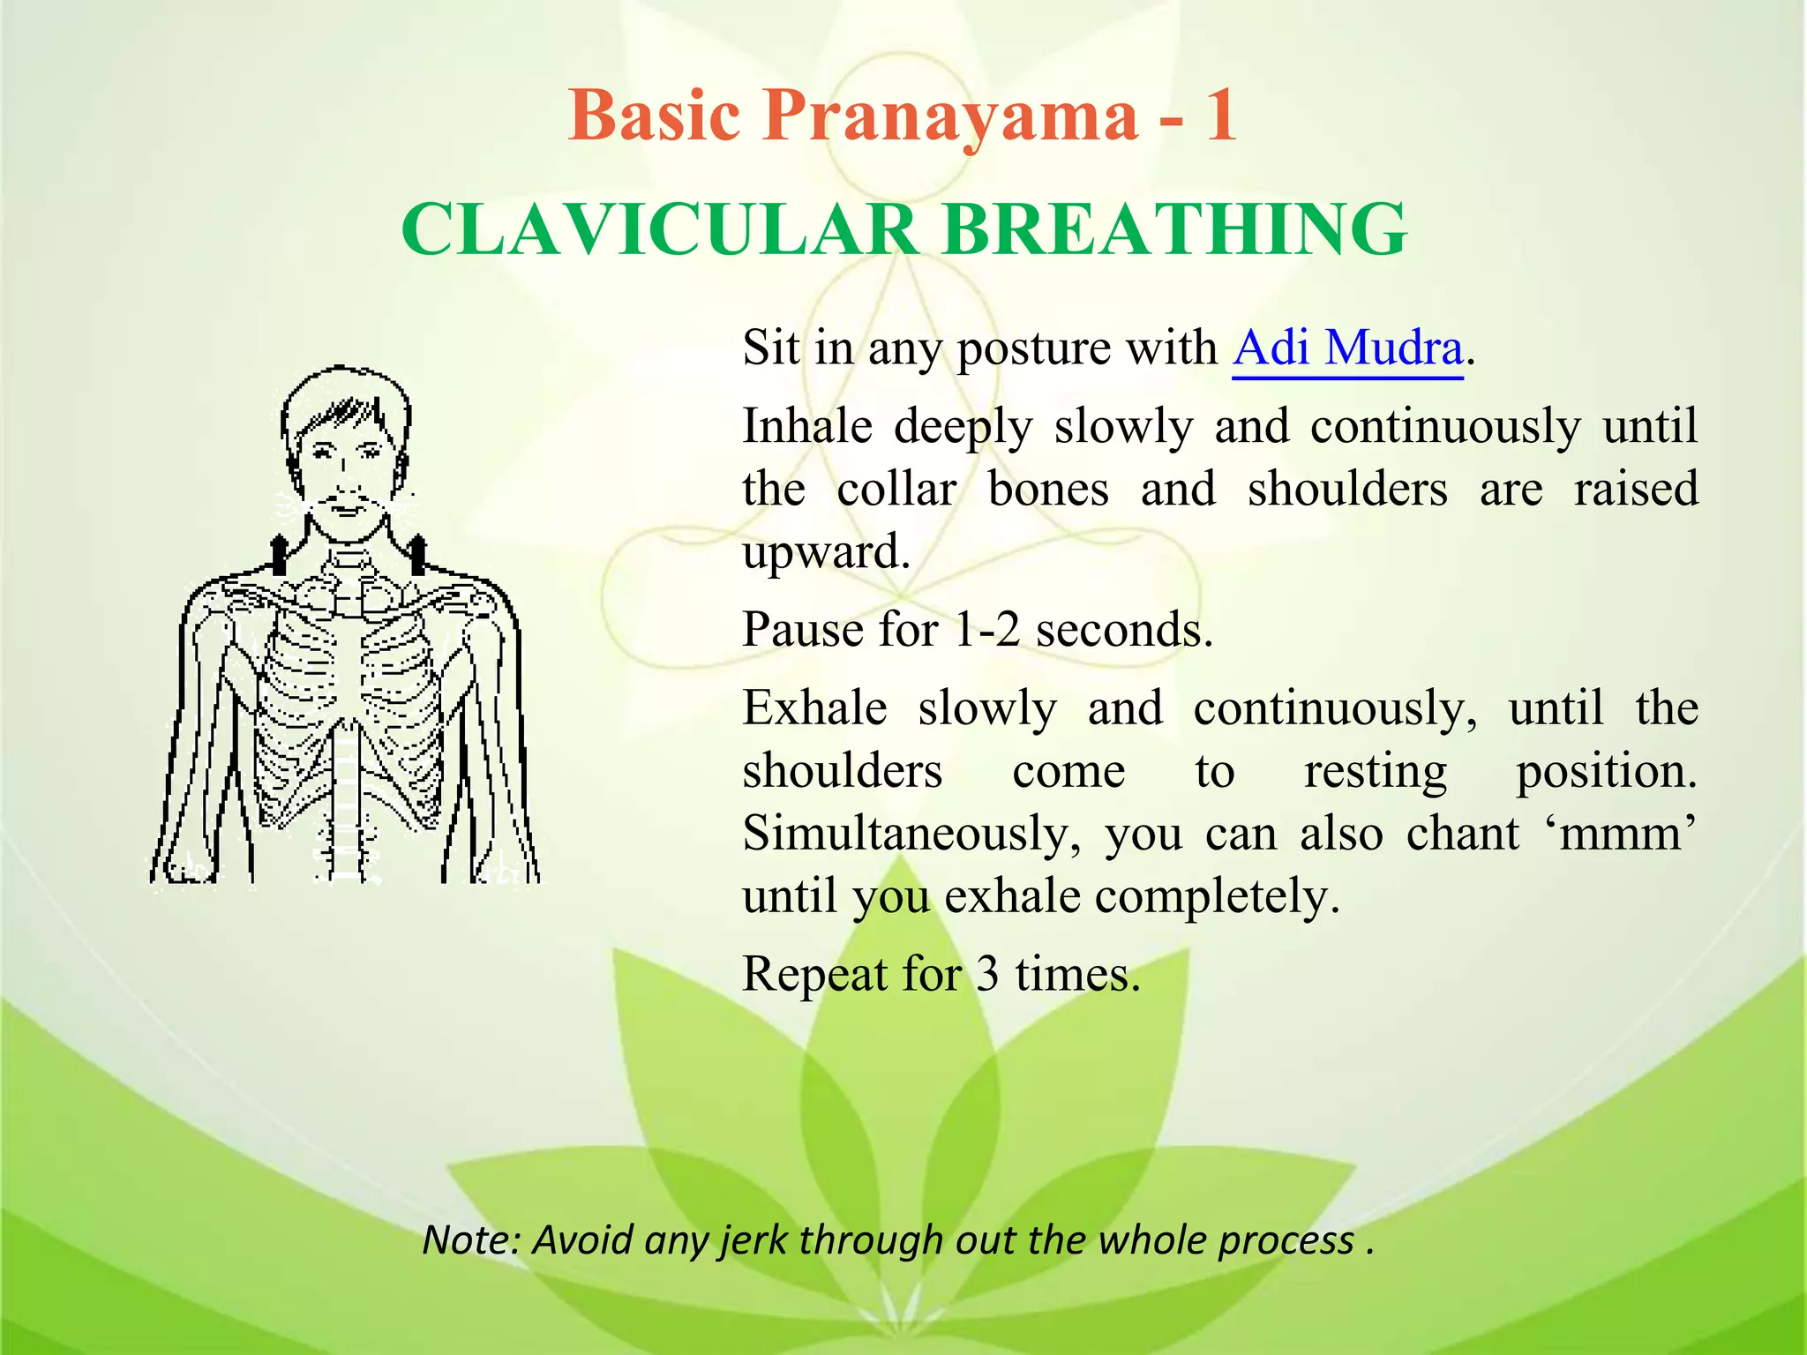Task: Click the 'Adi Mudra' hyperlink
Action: click(x=1347, y=348)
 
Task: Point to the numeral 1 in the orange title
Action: click(x=1221, y=116)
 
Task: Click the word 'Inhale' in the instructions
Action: click(x=807, y=427)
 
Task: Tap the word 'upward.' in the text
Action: click(x=826, y=552)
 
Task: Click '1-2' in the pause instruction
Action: click(x=986, y=631)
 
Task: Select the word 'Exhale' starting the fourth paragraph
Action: click(x=814, y=708)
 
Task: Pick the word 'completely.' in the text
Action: click(x=1218, y=897)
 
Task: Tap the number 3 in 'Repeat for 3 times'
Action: click(x=987, y=975)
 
